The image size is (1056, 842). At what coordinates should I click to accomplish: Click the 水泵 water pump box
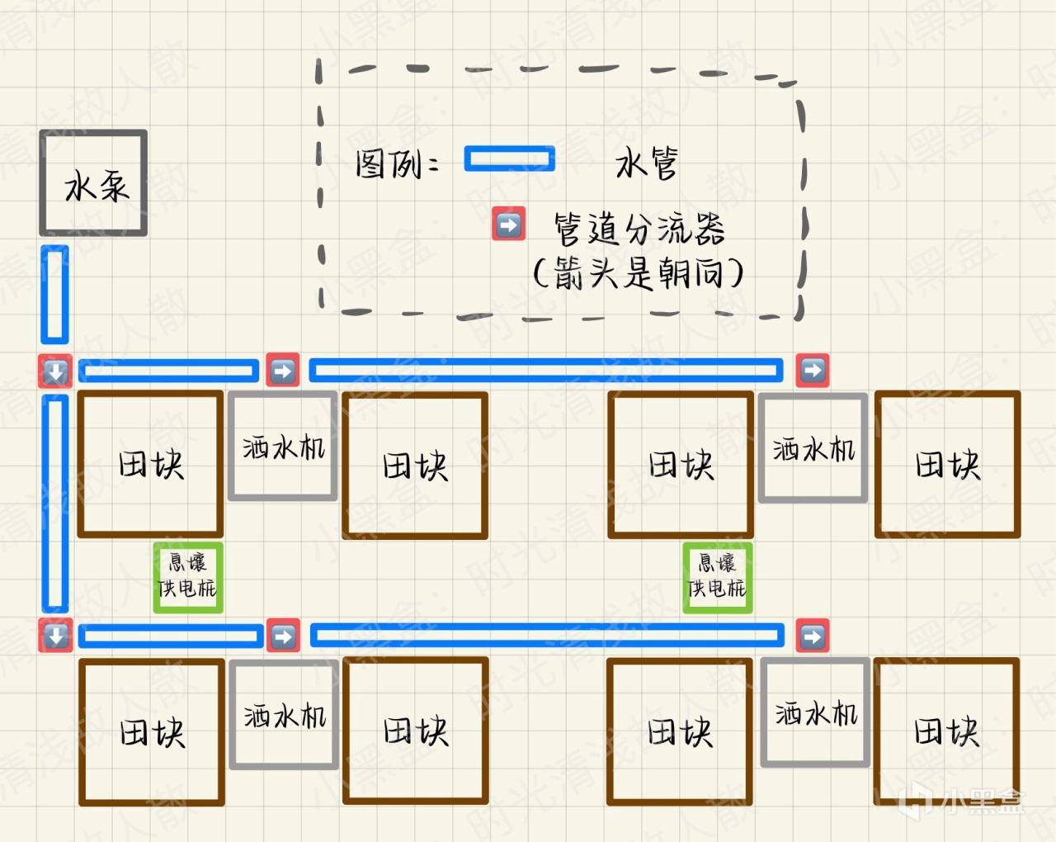[x=93, y=183]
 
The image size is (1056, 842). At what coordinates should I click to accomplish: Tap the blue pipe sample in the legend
[x=509, y=158]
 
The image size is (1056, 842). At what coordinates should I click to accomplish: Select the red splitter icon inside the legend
[x=508, y=224]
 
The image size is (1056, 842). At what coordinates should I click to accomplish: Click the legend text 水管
[x=646, y=163]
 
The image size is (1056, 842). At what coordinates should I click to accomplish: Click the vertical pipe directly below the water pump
[x=54, y=295]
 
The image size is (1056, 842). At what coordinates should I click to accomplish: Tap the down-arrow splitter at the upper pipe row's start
[x=55, y=371]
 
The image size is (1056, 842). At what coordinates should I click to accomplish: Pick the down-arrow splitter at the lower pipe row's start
[x=55, y=636]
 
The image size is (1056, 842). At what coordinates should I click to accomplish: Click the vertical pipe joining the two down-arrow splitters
[x=54, y=504]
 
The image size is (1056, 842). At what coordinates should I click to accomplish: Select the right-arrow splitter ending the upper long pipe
[x=813, y=371]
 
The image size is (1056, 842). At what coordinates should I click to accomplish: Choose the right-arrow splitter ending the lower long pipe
[x=813, y=636]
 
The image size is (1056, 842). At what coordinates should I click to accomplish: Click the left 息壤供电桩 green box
[x=188, y=577]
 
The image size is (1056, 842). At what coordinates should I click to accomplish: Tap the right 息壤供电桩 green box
[x=717, y=577]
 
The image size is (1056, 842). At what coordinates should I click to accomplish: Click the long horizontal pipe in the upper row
[x=546, y=371]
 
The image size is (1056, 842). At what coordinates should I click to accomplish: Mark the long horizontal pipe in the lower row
[x=547, y=636]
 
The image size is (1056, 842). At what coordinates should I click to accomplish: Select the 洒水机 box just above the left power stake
[x=283, y=447]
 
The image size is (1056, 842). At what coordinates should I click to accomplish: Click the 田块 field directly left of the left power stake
[x=150, y=465]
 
